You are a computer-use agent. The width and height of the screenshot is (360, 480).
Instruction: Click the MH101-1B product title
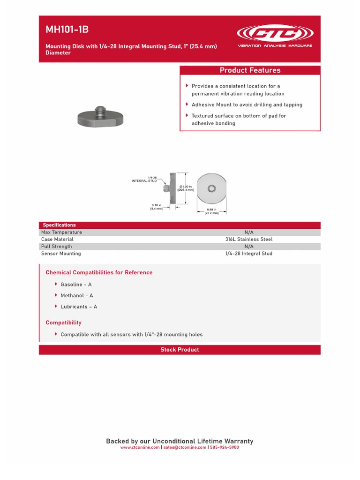tap(67, 30)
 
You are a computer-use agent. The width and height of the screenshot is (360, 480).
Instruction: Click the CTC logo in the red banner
tap(275, 34)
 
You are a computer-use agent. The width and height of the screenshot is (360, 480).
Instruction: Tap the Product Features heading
tap(250, 70)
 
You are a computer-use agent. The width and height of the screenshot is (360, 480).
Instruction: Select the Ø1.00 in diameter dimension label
tap(186, 188)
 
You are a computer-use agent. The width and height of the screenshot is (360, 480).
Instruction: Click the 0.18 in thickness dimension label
tap(156, 206)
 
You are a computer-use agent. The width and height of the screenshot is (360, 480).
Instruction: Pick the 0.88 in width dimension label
tap(211, 211)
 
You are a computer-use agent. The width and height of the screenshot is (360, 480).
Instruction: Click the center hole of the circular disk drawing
tap(211, 188)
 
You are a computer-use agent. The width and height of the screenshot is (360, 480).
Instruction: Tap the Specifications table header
tap(59, 225)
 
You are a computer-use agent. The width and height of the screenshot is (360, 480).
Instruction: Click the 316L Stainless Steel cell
tap(248, 239)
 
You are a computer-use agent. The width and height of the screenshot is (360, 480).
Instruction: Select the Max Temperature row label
tap(61, 232)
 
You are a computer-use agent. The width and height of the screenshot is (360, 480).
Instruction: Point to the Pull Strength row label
tap(57, 246)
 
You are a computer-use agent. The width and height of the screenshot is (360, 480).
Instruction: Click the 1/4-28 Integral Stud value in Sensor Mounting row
tap(248, 253)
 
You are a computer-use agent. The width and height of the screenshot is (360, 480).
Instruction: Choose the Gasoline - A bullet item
tap(76, 285)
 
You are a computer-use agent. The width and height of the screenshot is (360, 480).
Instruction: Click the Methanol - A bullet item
tap(77, 296)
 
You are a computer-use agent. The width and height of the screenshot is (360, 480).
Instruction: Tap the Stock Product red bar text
tap(180, 350)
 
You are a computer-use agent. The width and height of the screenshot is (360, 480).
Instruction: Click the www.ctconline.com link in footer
tap(140, 448)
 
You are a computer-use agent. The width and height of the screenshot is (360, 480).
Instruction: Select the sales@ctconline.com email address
tap(185, 448)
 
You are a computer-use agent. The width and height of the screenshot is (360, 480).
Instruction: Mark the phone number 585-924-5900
tap(225, 448)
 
